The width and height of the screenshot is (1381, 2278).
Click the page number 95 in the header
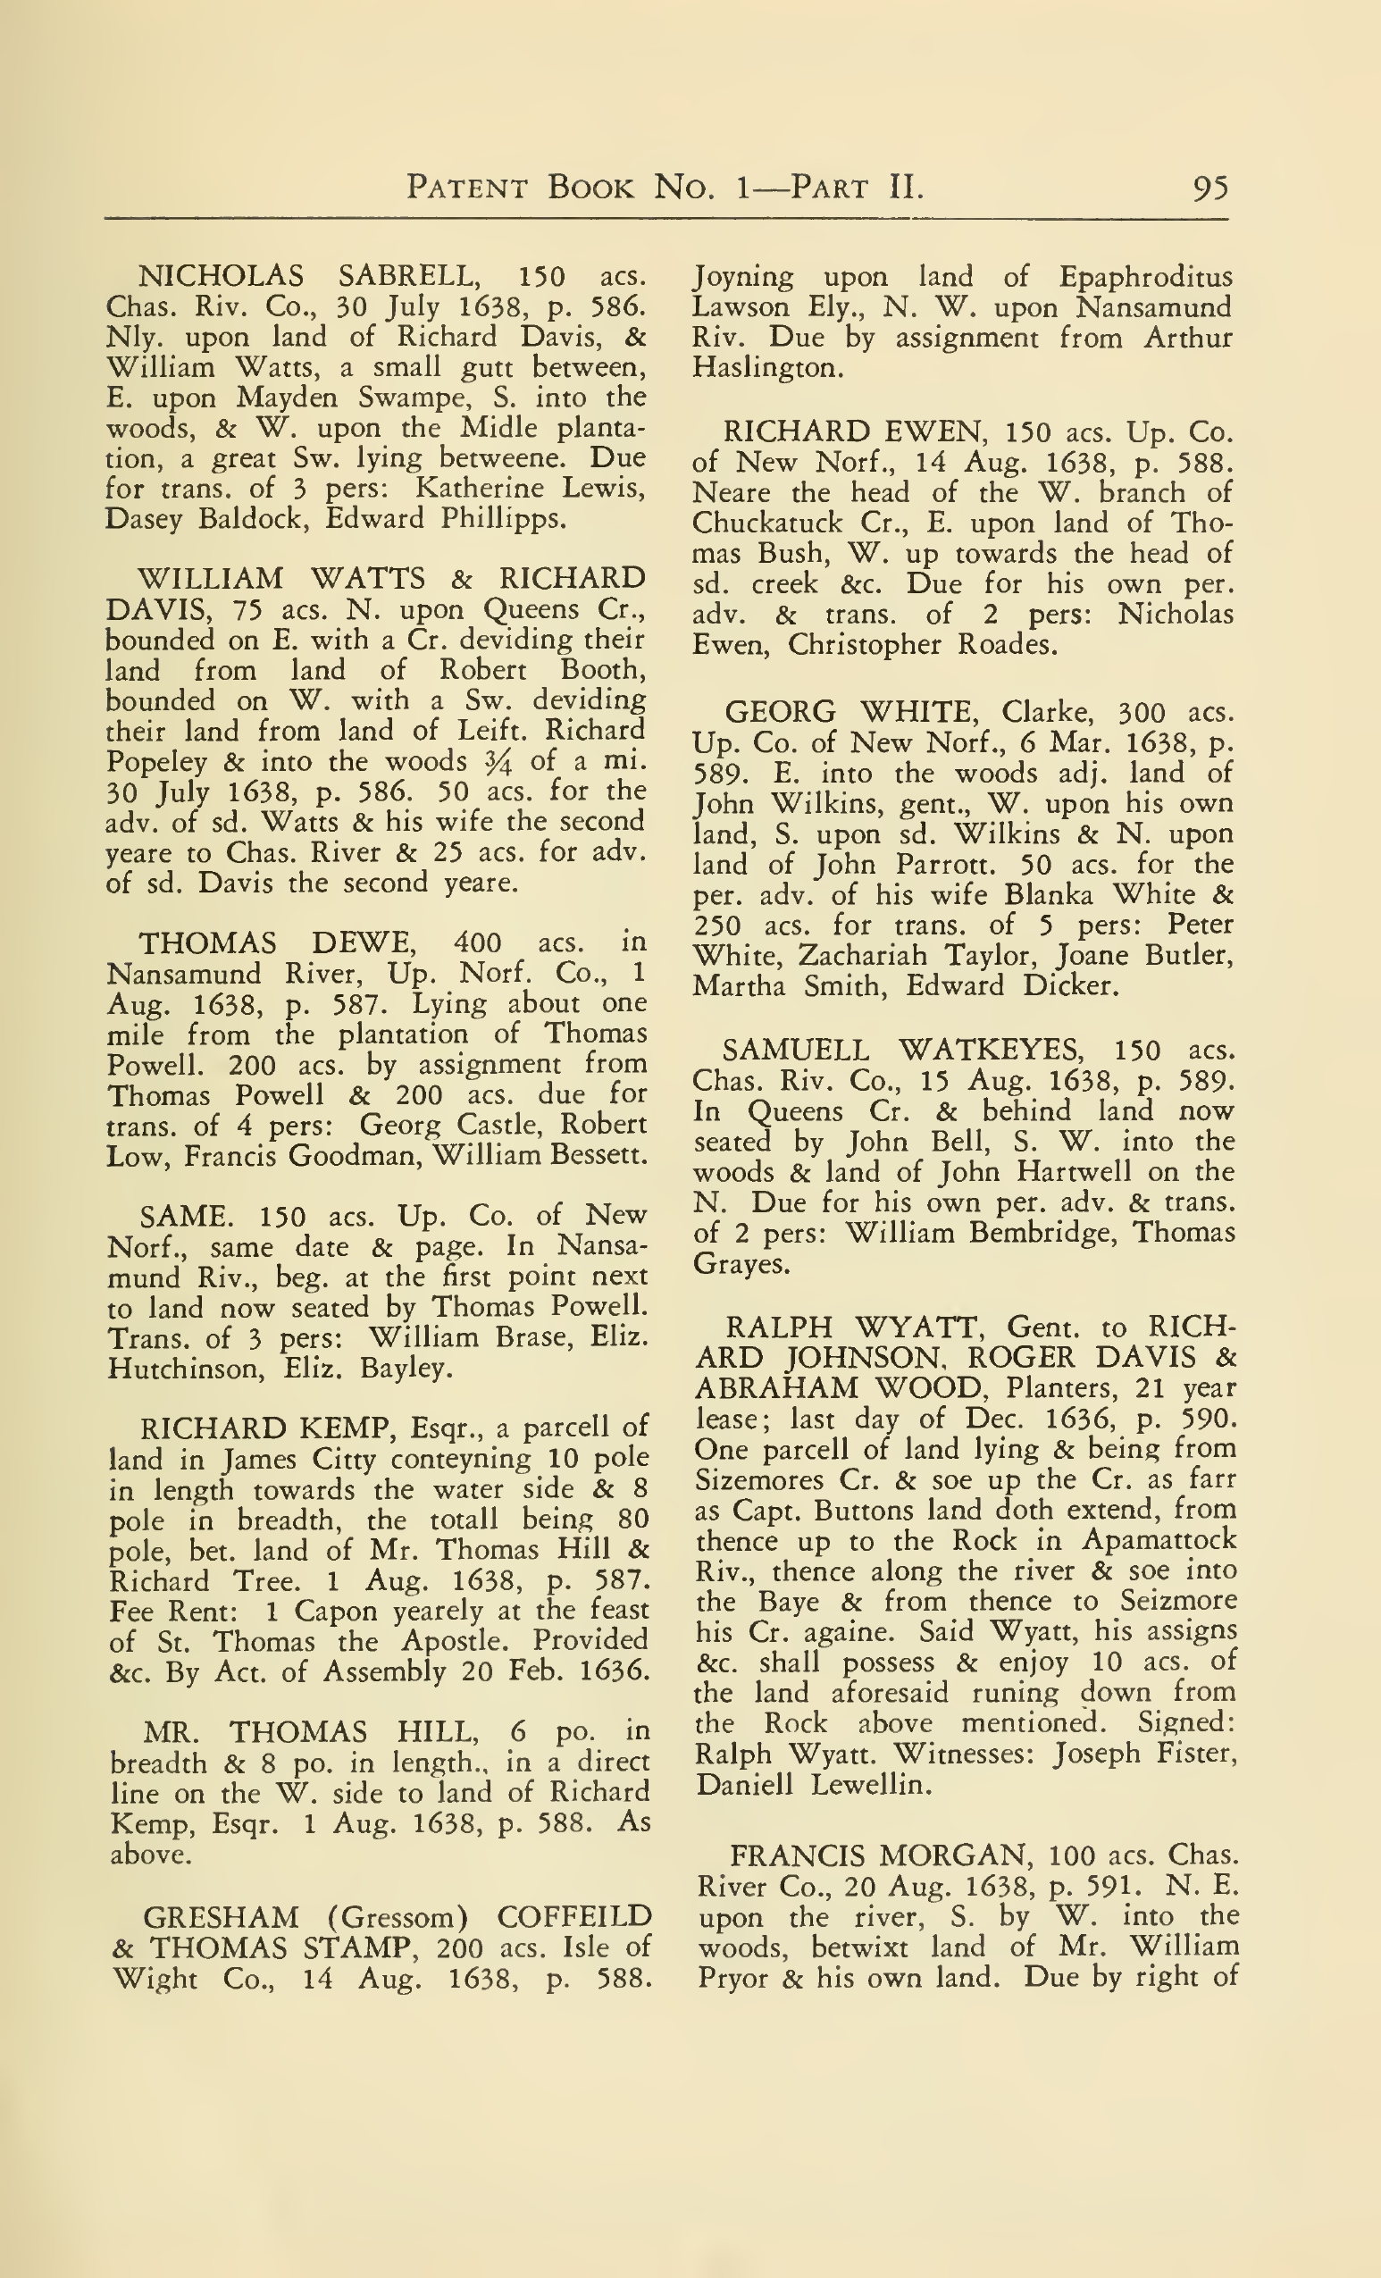(x=1210, y=188)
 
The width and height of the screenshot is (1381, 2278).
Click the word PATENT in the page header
(x=467, y=188)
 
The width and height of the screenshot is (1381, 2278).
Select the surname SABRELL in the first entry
(x=407, y=276)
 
